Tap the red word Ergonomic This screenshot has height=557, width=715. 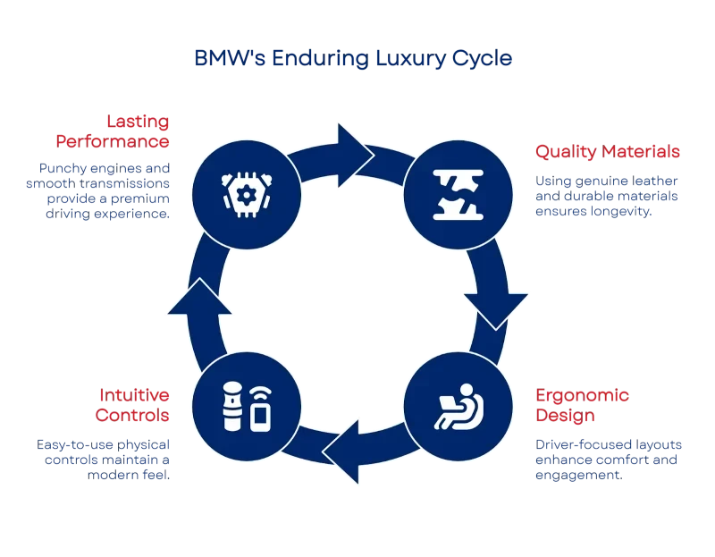coord(582,395)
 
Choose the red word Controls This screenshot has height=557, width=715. coord(132,416)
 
